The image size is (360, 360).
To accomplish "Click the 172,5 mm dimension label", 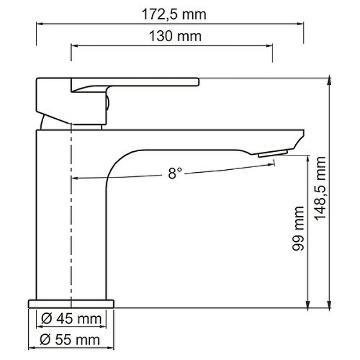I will (x=173, y=14).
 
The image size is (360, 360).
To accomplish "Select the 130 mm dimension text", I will (x=173, y=37).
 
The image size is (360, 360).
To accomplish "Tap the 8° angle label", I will (x=175, y=173).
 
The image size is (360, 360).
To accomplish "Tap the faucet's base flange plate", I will (x=70, y=302).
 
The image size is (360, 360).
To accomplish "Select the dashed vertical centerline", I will (x=71, y=216).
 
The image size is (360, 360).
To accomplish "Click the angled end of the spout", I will (x=299, y=139).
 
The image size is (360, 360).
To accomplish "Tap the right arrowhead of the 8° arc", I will (x=273, y=163).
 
